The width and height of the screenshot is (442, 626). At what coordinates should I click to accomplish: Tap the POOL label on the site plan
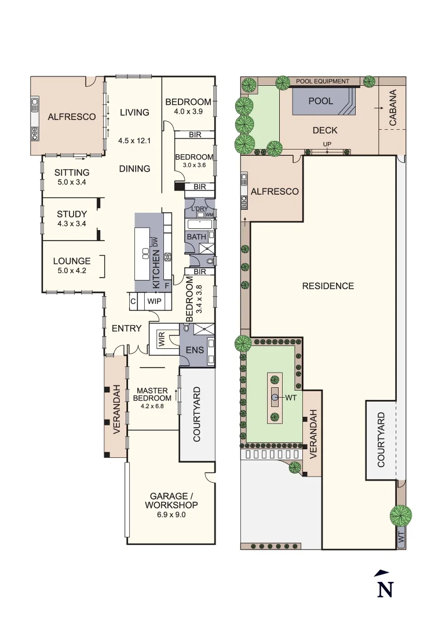tap(320, 101)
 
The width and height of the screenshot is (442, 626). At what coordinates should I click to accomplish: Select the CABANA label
tap(393, 108)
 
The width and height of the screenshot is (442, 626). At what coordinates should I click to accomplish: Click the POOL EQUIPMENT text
tap(323, 82)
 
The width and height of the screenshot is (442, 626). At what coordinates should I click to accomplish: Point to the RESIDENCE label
tap(328, 286)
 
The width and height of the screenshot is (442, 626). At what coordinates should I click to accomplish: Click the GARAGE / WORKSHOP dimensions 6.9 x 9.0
tap(171, 514)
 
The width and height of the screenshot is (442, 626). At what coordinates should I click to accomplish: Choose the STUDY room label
tap(72, 214)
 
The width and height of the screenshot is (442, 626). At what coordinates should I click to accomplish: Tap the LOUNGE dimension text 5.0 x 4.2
tap(72, 270)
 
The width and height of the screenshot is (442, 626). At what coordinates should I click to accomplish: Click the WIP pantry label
tap(154, 301)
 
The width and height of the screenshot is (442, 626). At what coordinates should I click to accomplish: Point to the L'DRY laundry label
tap(199, 208)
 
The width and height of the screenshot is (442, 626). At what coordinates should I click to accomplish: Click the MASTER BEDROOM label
tap(152, 394)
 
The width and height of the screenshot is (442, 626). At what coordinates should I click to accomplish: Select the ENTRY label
tap(126, 328)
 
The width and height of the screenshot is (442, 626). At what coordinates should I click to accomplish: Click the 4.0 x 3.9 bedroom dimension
tap(188, 111)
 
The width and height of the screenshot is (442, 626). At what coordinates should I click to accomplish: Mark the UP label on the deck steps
tap(327, 144)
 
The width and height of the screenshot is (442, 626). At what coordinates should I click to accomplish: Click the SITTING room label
tap(72, 172)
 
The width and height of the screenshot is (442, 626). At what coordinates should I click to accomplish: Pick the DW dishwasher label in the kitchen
tap(155, 242)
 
